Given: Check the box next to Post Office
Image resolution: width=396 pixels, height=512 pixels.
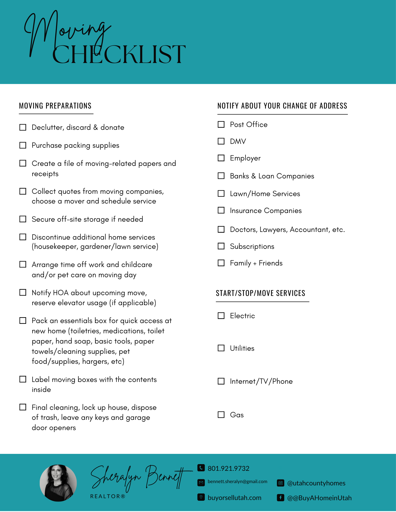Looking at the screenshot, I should (221, 124).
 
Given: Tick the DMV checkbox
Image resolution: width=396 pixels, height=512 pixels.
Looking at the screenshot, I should (221, 141).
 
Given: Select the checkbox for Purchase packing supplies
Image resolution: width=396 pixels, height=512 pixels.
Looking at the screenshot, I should (23, 145).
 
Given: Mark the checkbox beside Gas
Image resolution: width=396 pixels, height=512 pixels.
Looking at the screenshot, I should (221, 415).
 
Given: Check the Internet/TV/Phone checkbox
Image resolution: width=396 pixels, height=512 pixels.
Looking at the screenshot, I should (221, 381).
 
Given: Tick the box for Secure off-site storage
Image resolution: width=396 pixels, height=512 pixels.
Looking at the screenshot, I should (23, 219).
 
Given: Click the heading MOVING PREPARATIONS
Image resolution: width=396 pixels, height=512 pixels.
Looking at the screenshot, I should (55, 106).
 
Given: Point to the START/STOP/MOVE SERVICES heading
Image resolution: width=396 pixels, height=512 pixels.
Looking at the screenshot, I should (260, 293).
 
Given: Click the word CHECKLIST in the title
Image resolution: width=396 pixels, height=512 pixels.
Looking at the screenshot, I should (119, 54).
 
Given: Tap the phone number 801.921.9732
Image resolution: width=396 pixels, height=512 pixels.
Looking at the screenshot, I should (228, 468).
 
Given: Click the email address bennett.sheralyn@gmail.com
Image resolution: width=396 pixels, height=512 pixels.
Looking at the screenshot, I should (237, 482).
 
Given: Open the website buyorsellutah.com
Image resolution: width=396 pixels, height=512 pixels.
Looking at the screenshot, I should (234, 498).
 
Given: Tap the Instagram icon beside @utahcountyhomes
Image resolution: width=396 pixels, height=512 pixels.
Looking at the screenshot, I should (281, 483).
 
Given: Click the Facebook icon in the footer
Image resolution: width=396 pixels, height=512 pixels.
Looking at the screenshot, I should (281, 498).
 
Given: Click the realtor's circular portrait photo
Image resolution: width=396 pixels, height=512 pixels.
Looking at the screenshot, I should (58, 483).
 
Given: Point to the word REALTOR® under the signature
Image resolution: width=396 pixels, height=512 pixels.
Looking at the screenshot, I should (108, 496).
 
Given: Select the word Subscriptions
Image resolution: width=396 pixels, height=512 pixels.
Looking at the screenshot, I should (252, 247).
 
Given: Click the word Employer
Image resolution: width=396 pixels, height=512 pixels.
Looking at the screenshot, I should (245, 158).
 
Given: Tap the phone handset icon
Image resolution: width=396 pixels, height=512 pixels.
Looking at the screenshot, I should (201, 468).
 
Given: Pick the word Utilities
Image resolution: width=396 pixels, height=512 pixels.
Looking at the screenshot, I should (242, 348).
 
